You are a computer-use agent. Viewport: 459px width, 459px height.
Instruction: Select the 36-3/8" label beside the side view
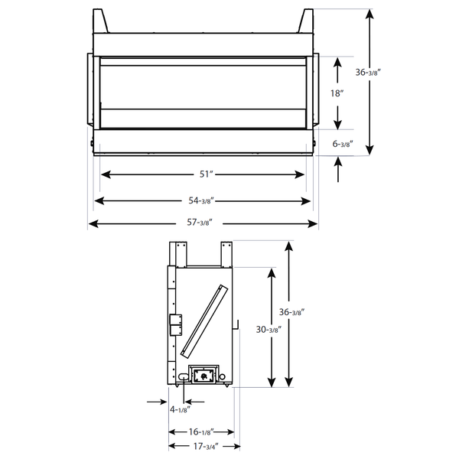click(290, 312)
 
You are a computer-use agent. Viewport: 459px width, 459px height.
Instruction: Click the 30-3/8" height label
click(269, 329)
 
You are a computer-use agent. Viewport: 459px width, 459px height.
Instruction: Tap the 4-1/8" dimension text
click(180, 410)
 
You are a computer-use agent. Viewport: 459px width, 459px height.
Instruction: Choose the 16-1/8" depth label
click(201, 432)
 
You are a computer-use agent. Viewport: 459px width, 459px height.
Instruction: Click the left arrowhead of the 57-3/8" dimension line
click(92, 223)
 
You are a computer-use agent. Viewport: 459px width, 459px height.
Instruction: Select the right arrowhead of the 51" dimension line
click(302, 174)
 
